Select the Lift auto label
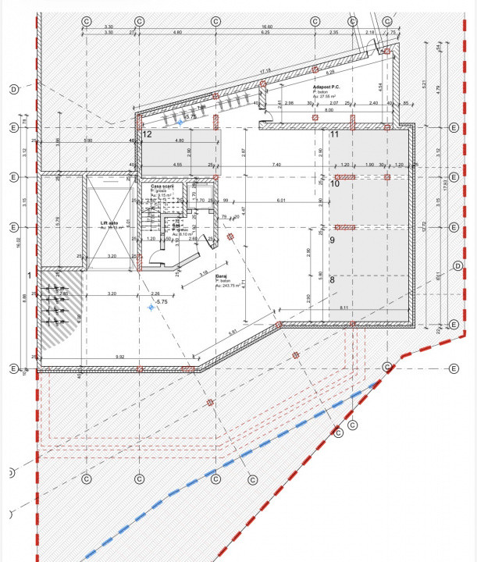click(x=109, y=223)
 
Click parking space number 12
click(x=146, y=134)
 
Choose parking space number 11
click(x=334, y=134)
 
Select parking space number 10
click(x=334, y=184)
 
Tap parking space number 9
click(x=332, y=240)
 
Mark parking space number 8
click(x=332, y=279)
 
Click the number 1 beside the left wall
click(x=29, y=275)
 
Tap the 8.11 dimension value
click(x=344, y=308)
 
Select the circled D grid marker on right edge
click(x=458, y=266)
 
